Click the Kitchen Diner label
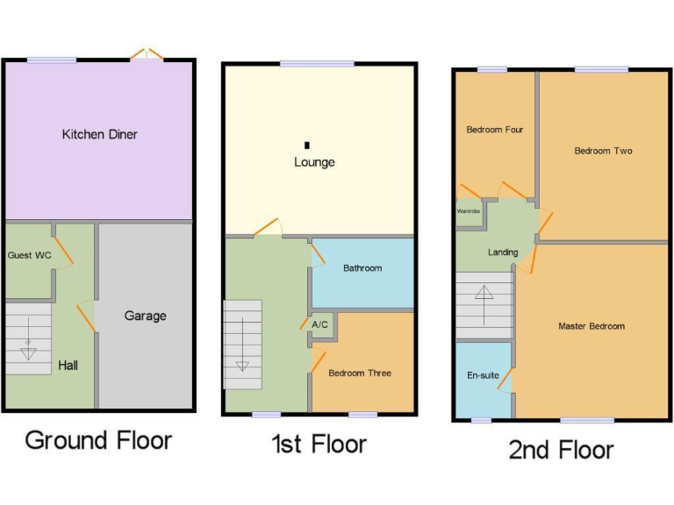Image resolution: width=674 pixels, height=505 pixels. coord(99,134)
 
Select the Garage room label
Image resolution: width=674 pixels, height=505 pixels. coord(145,316)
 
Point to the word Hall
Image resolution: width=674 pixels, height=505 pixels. coord(68,365)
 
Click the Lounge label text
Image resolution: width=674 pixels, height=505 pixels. coord(314,162)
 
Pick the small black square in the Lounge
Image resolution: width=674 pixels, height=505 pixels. coord(306,145)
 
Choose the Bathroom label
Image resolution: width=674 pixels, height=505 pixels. coord(362,268)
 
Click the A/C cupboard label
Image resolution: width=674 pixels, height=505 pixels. coord(320,325)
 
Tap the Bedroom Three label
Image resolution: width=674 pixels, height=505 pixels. coord(360,373)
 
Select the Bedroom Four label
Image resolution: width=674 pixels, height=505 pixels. coord(494,130)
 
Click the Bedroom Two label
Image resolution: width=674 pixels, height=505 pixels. coord(603,151)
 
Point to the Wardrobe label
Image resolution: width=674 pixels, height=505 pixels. coord(468,211)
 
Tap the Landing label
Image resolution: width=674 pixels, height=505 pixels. coord(503,252)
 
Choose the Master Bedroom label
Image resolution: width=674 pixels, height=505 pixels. coord(592,326)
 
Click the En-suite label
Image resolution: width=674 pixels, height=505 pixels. coord(483,375)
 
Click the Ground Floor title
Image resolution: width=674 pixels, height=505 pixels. coord(98,439)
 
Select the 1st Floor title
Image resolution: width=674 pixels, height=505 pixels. coord(319,444)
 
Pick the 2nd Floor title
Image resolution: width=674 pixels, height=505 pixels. coord(561,450)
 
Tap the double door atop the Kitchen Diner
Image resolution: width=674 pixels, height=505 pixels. coord(147,54)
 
